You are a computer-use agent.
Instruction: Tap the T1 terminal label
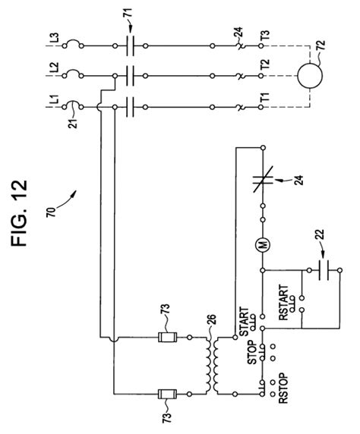click(x=264, y=99)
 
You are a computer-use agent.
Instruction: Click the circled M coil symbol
click(x=262, y=244)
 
